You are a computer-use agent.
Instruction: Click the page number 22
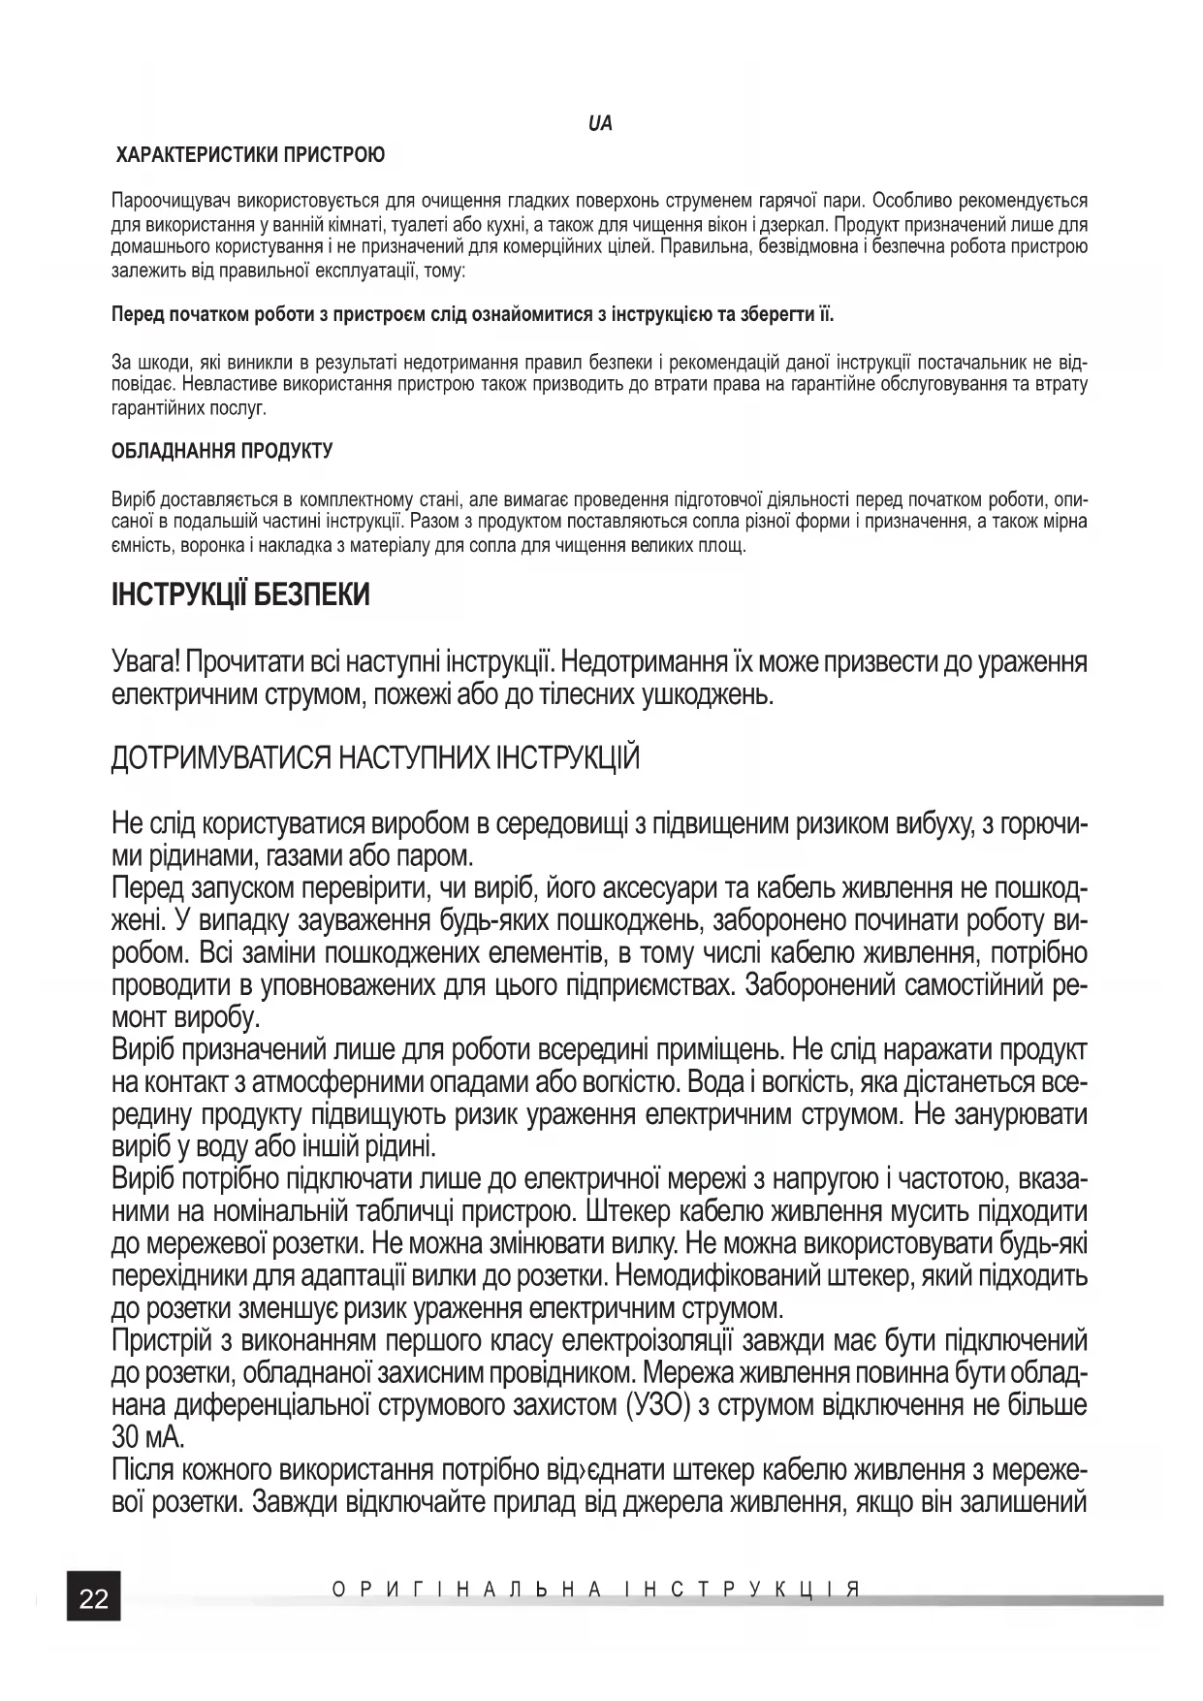click(93, 1597)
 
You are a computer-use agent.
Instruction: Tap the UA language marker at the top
click(600, 124)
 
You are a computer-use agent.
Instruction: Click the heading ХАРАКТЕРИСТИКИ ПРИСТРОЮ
click(250, 155)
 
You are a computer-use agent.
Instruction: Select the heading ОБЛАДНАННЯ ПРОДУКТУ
click(222, 451)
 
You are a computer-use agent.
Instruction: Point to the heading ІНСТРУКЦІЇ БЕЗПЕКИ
click(240, 594)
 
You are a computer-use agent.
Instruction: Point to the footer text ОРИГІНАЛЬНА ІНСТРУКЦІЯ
click(596, 1589)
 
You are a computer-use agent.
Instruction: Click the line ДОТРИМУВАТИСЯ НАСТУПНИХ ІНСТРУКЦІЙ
click(375, 757)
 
